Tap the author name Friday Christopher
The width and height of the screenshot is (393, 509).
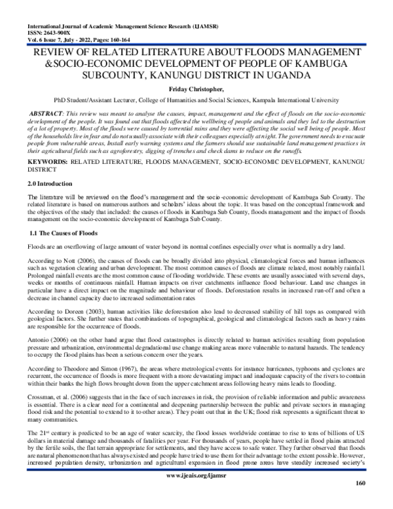pos(196,89)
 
